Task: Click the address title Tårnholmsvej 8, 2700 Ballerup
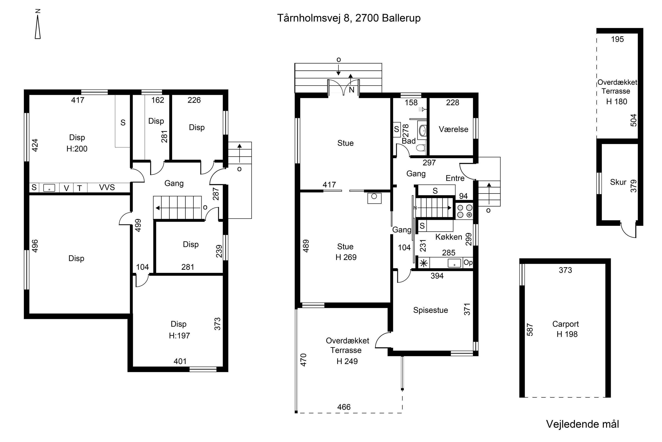coord(349,18)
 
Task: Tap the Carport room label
coord(565,324)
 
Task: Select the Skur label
coord(618,182)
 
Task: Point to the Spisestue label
coord(430,310)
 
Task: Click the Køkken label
coord(449,237)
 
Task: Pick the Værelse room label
coord(453,129)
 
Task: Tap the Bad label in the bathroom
coord(408,141)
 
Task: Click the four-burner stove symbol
coord(465,211)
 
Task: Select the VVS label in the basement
coord(107,187)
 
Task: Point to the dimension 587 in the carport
coord(530,330)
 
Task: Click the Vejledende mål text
coord(582,424)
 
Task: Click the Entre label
coord(455,178)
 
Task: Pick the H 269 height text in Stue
coord(346,257)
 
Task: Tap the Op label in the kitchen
coord(468,263)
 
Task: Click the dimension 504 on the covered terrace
coord(633,120)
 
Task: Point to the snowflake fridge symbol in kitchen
coord(424,263)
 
